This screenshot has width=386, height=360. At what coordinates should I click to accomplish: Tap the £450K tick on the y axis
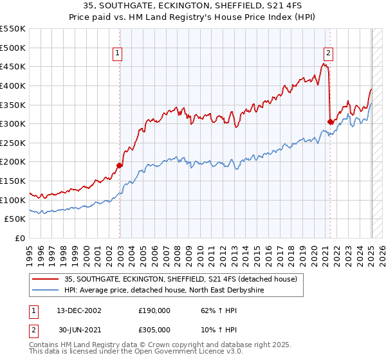click(13, 67)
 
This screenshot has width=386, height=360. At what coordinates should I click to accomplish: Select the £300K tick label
click(13, 124)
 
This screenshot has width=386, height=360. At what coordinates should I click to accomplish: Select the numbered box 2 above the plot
click(328, 54)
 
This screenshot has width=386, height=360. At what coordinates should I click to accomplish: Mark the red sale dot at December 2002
click(120, 165)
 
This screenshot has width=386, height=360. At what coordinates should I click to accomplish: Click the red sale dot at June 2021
click(330, 122)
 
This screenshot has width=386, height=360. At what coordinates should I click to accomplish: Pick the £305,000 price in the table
click(154, 330)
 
